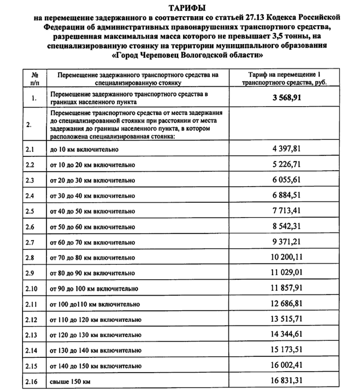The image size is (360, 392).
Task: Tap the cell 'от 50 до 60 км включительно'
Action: pos(92,227)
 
